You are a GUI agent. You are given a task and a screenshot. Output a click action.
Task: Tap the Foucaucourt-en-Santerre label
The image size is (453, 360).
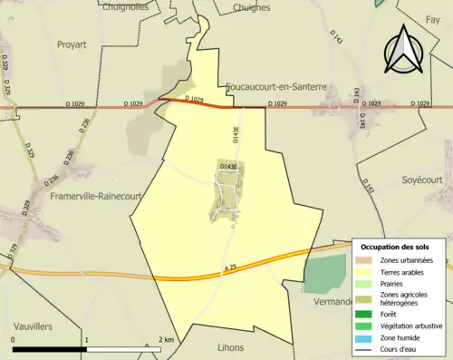[277, 88]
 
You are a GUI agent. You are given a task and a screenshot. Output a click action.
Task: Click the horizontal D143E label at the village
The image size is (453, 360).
[227, 167]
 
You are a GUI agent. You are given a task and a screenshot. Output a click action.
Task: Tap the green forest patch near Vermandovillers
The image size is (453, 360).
[325, 274]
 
